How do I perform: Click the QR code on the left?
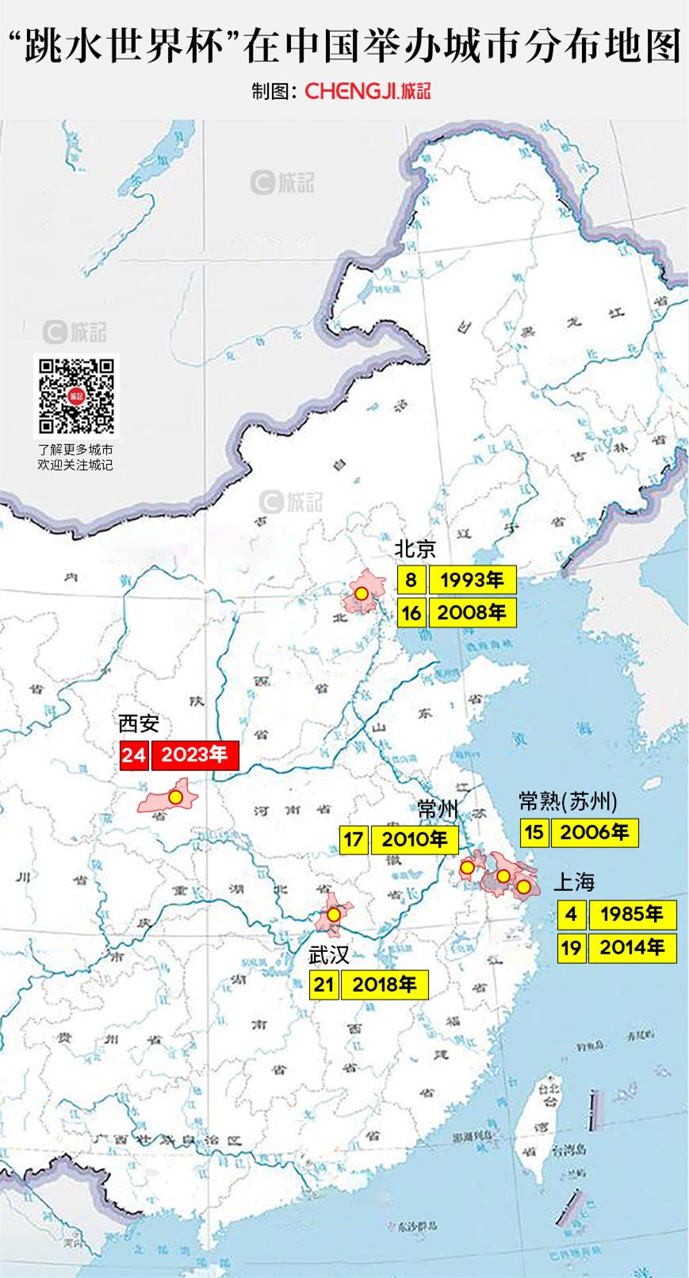pyautogui.click(x=76, y=395)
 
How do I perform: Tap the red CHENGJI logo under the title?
pyautogui.click(x=367, y=90)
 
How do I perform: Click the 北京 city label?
pyautogui.click(x=415, y=549)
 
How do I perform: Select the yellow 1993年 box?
pyautogui.click(x=473, y=580)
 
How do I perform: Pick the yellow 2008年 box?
pyautogui.click(x=473, y=612)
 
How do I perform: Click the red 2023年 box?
pyautogui.click(x=194, y=755)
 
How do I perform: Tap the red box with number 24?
pyautogui.click(x=134, y=755)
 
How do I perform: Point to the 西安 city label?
pyautogui.click(x=139, y=723)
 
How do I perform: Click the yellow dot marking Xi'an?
pyautogui.click(x=176, y=797)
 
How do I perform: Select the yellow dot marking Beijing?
pyautogui.click(x=361, y=593)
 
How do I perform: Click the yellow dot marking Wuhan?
pyautogui.click(x=334, y=915)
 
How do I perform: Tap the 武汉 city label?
pyautogui.click(x=329, y=955)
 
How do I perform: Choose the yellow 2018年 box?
pyautogui.click(x=385, y=985)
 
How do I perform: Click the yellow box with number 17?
pyautogui.click(x=354, y=839)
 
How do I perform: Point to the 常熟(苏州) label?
pyautogui.click(x=568, y=801)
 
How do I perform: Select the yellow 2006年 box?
pyautogui.click(x=595, y=832)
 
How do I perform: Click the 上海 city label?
pyautogui.click(x=573, y=882)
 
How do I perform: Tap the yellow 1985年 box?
pyautogui.click(x=632, y=915)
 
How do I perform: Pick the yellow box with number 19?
pyautogui.click(x=572, y=947)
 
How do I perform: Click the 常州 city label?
pyautogui.click(x=438, y=808)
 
